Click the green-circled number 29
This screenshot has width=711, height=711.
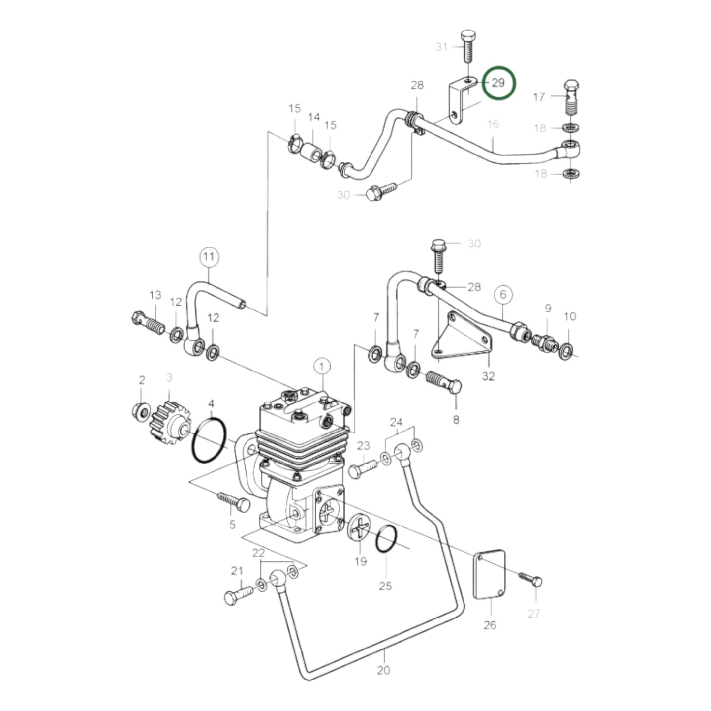[x=498, y=83]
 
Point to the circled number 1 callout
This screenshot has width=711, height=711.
[x=322, y=367]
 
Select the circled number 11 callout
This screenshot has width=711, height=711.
[x=209, y=257]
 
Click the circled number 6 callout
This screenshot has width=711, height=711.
[x=503, y=295]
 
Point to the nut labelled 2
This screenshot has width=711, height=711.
[x=142, y=410]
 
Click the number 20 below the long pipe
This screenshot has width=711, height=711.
[x=383, y=670]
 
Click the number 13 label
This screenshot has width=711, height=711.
[x=155, y=295]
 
